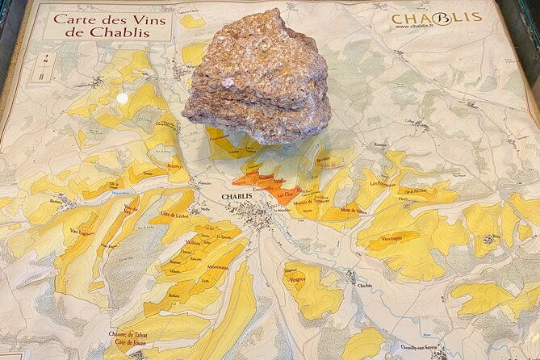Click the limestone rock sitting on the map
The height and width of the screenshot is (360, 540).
point(256,79)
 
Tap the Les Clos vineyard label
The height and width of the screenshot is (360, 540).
point(286,195)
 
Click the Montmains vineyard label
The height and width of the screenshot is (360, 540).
point(218,267)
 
